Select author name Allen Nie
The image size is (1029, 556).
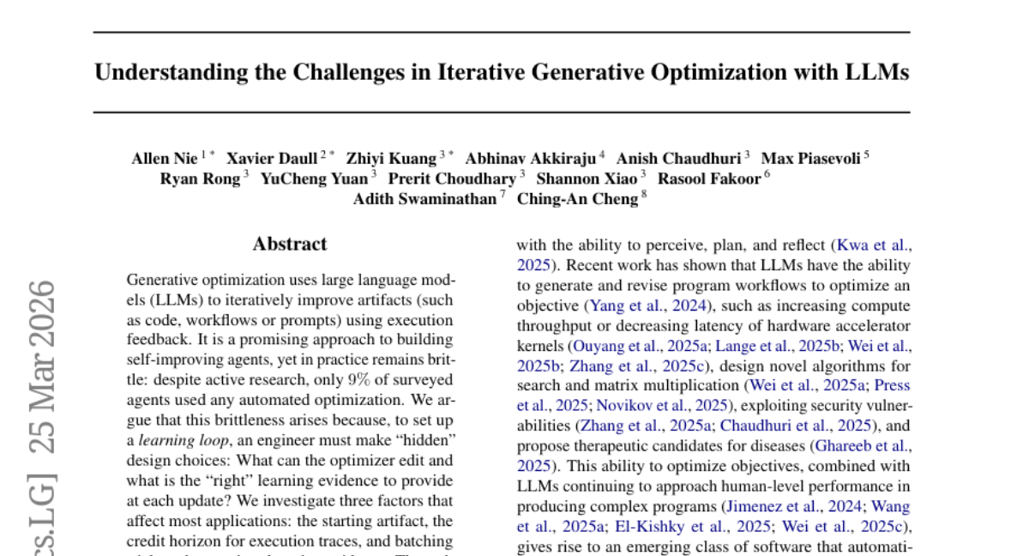click(x=165, y=158)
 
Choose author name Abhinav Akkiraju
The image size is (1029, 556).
click(x=531, y=158)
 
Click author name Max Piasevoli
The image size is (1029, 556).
click(x=810, y=158)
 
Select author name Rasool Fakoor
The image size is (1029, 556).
click(x=709, y=179)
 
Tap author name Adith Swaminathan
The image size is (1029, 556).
click(x=424, y=200)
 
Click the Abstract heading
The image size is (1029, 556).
click(x=289, y=245)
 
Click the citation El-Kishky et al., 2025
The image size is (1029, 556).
click(x=689, y=526)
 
